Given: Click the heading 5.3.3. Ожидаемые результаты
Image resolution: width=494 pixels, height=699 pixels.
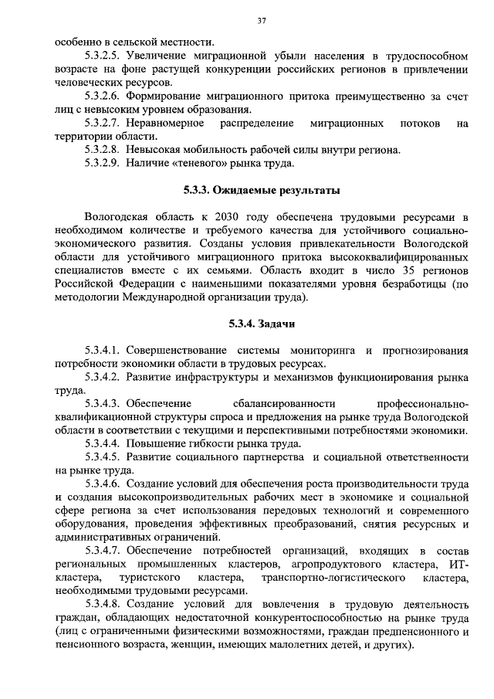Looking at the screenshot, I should (x=262, y=189).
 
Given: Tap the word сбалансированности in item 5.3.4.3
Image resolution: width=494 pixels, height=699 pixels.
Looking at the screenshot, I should (x=283, y=404).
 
